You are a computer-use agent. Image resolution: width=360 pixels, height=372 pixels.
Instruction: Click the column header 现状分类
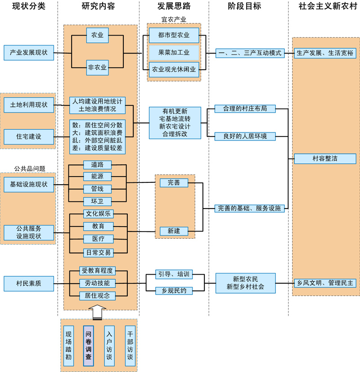(x=29, y=6)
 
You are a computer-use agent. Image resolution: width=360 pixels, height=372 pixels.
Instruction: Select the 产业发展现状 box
(x=28, y=53)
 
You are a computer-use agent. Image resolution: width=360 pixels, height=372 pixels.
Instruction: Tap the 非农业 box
(x=98, y=68)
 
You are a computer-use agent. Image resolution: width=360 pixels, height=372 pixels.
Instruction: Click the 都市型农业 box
(x=174, y=35)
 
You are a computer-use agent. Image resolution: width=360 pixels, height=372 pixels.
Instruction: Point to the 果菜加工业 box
(x=174, y=52)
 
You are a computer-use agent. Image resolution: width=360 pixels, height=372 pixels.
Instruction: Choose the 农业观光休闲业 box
(x=174, y=69)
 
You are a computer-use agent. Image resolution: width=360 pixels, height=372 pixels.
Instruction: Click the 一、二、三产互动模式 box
(x=250, y=53)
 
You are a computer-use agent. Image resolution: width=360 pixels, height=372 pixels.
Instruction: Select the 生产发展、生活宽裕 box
(x=325, y=53)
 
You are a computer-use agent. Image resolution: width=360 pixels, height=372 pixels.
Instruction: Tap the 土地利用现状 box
(x=28, y=104)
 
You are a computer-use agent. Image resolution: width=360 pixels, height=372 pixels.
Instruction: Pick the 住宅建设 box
(x=28, y=136)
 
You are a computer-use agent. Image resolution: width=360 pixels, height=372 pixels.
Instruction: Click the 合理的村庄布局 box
(x=245, y=109)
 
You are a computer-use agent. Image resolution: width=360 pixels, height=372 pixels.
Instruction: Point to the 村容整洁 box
(x=325, y=159)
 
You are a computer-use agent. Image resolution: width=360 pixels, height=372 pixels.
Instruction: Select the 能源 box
(x=98, y=177)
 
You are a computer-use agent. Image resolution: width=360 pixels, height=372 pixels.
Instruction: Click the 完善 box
(x=174, y=182)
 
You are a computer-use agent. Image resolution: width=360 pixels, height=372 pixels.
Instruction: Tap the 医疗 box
(x=98, y=238)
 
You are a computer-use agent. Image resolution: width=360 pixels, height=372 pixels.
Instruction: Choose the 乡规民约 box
(x=174, y=290)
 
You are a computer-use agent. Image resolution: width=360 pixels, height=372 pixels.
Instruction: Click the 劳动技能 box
(x=98, y=283)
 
